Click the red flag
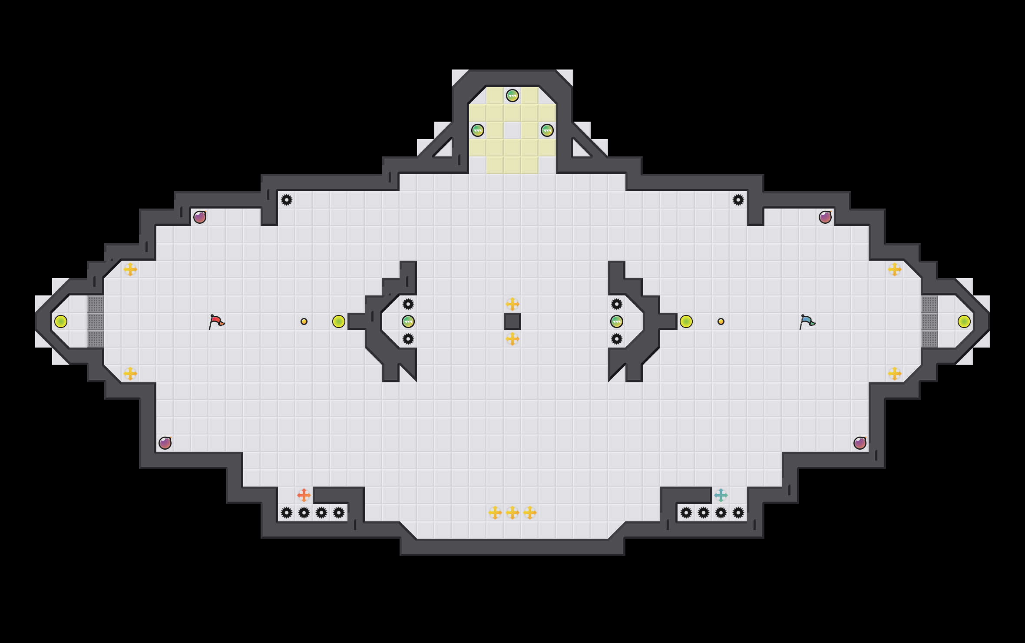216,321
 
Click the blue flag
807,321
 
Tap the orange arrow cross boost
304,495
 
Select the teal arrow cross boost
721,495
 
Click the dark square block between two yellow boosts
512,321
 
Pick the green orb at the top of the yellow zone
512,96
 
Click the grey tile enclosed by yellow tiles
512,130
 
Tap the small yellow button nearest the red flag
304,321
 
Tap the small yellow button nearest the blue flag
721,321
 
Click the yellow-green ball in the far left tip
61,321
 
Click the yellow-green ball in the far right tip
964,321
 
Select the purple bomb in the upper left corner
200,217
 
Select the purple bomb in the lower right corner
860,443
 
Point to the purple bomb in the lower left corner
165,443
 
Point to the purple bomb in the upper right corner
825,217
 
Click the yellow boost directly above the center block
512,304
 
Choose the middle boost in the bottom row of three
512,513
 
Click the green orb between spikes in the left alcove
408,321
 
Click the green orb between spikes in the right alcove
617,321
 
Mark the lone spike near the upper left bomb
287,200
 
